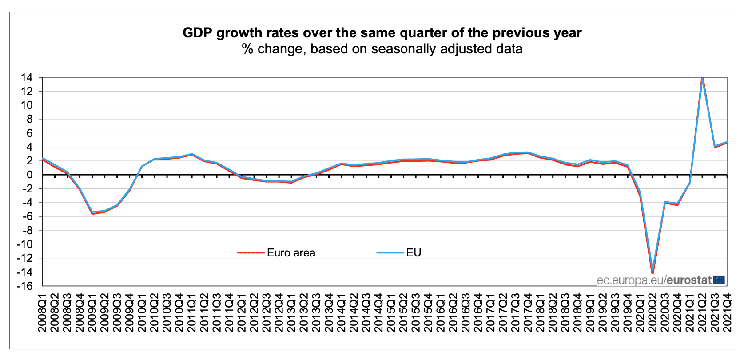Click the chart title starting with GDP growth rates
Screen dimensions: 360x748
tap(382, 33)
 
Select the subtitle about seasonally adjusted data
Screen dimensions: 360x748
tap(382, 48)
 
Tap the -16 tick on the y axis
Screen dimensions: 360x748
tap(24, 286)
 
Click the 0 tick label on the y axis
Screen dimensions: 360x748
tap(29, 175)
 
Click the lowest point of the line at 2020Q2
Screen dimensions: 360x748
tap(653, 272)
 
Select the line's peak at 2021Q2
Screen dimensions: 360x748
tap(702, 77)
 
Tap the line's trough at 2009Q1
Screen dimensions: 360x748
tap(92, 213)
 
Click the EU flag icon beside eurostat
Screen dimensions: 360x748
tap(719, 280)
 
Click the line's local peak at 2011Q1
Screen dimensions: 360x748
tap(191, 154)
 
